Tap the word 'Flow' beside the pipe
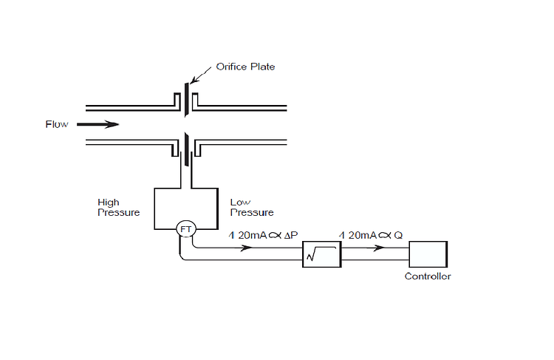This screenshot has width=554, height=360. pyautogui.click(x=57, y=124)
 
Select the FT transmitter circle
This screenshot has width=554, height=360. pyautogui.click(x=185, y=229)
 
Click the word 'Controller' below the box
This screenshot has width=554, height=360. pyautogui.click(x=428, y=277)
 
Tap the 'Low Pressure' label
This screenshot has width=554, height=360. pyautogui.click(x=251, y=207)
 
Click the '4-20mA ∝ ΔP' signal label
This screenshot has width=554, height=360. pyautogui.click(x=263, y=234)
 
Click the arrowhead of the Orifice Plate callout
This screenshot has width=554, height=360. pyautogui.click(x=193, y=80)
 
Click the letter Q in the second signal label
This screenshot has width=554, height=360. pyautogui.click(x=399, y=234)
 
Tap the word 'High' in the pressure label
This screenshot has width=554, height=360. pyautogui.click(x=108, y=202)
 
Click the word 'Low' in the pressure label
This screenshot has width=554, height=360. pyautogui.click(x=239, y=202)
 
